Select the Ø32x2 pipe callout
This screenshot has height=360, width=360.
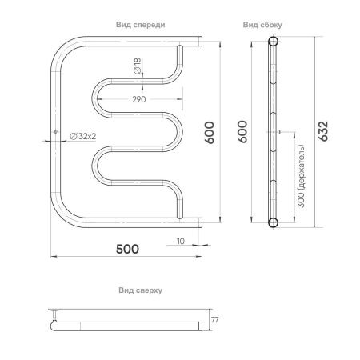[83, 136]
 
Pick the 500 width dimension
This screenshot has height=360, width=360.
[127, 248]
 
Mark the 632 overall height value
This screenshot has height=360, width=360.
[325, 131]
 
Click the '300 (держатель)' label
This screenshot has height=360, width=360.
[301, 176]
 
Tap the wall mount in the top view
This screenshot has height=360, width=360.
[56, 312]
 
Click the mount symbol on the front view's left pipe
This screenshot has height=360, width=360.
[54, 132]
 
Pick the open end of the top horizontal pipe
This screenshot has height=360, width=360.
[198, 41]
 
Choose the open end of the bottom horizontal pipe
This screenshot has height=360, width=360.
[198, 222]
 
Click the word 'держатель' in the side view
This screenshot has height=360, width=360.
[301, 165]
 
